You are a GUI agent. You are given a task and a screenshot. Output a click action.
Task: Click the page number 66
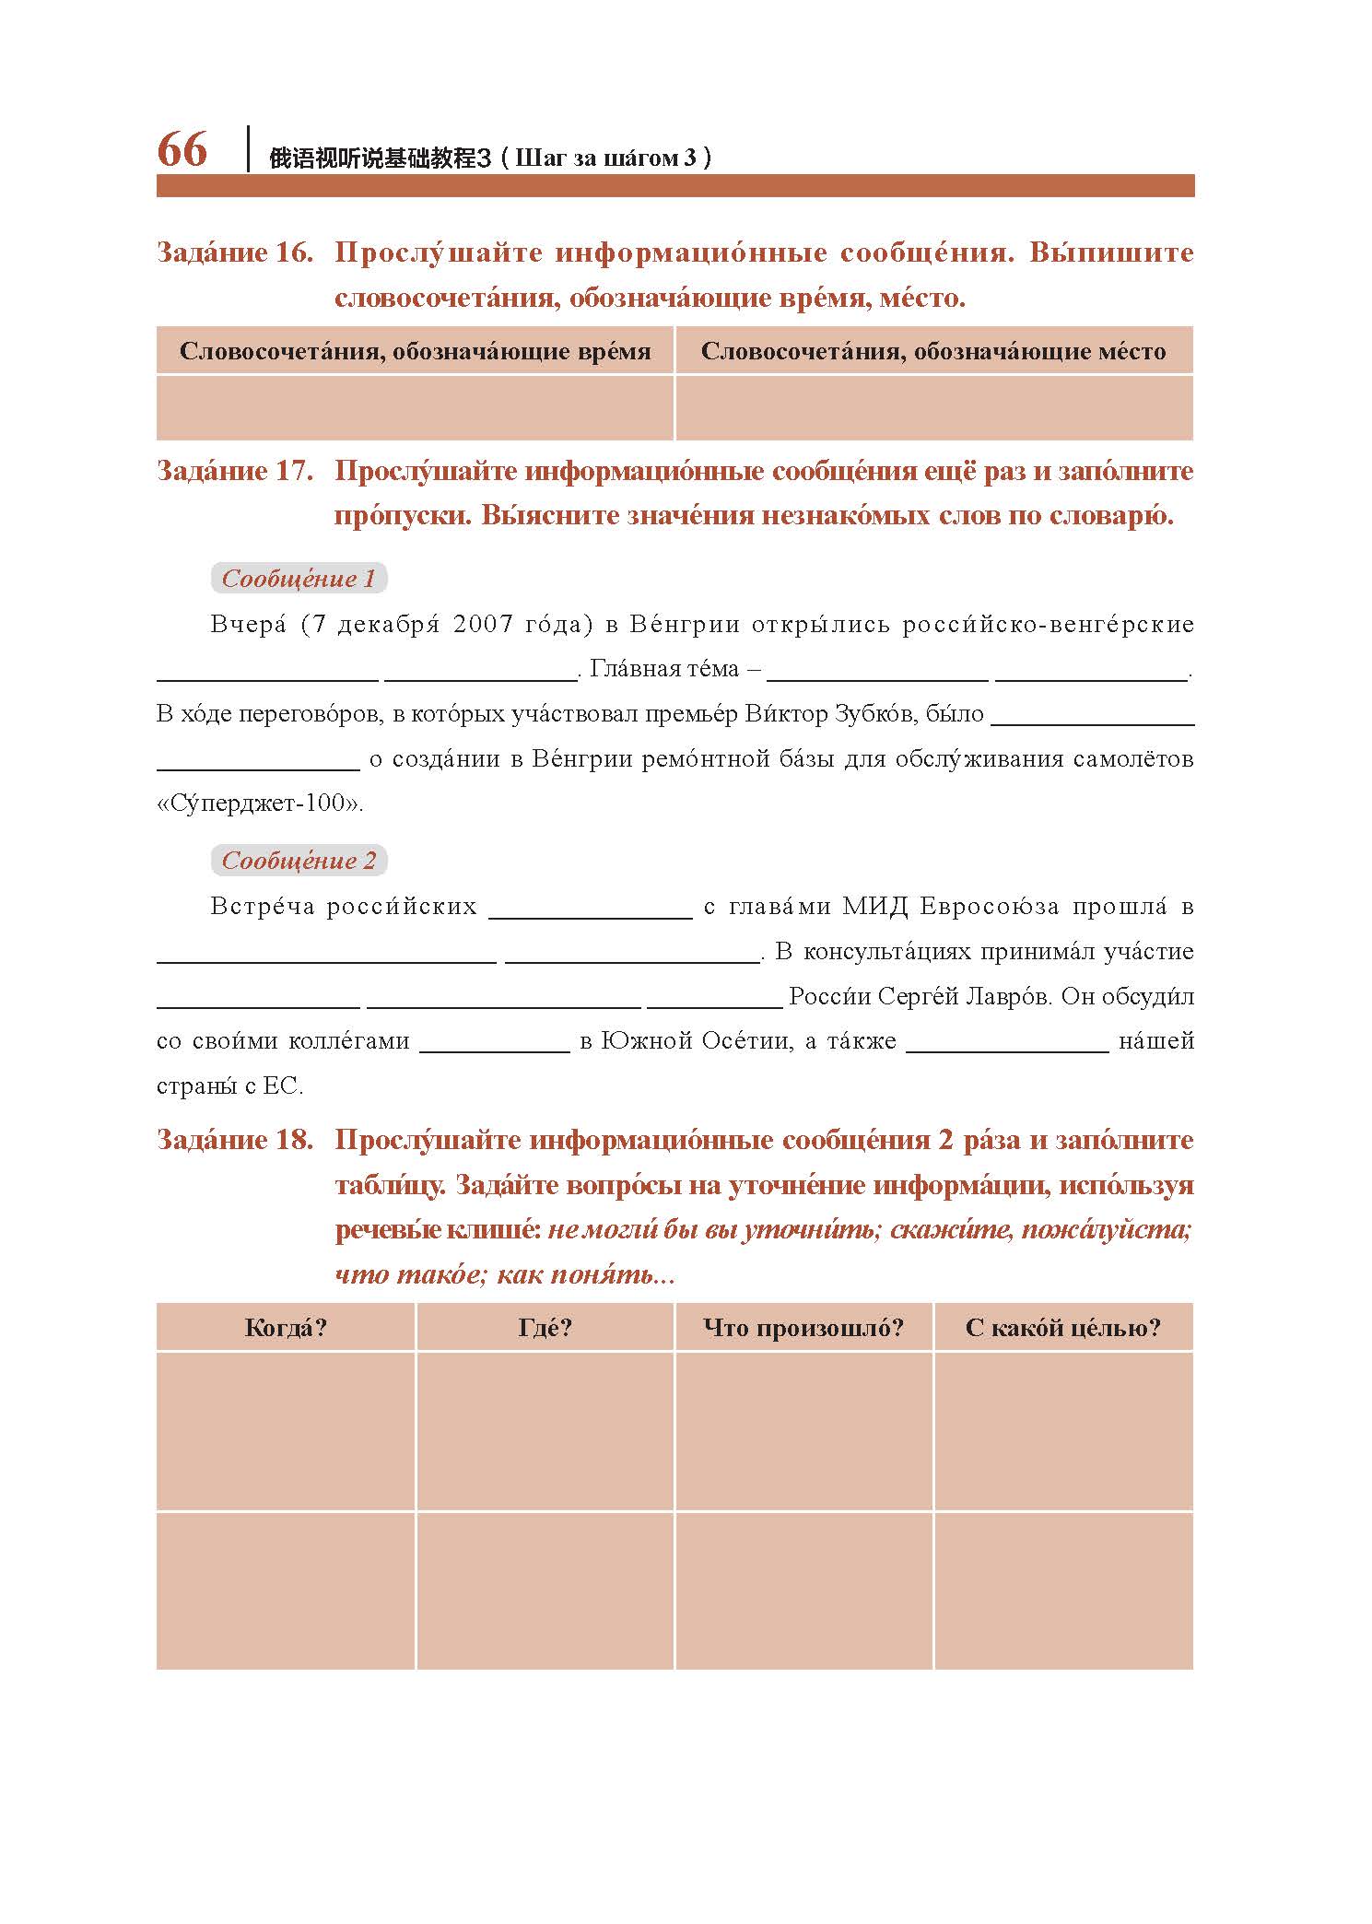182,149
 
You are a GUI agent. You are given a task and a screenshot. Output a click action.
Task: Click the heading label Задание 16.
235,252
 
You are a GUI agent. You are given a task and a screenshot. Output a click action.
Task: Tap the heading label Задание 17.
235,471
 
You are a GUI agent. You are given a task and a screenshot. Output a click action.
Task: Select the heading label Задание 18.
235,1140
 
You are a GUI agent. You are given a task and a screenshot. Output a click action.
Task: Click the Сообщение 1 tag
299,579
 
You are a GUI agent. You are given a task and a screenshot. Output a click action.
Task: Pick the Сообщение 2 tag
299,861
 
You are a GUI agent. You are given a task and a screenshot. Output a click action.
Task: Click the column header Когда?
286,1328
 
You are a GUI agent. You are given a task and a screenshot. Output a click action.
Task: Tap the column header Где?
545,1328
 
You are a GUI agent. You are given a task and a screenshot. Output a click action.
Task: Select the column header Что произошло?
803,1328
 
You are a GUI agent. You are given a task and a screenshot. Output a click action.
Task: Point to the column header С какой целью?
1062,1328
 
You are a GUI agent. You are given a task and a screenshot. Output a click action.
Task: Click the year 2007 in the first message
484,625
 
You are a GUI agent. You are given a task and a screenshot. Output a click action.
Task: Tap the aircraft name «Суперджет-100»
259,804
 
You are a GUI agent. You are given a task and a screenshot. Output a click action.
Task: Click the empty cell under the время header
415,407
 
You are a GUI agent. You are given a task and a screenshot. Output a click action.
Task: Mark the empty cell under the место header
933,407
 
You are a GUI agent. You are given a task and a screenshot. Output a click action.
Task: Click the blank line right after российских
590,912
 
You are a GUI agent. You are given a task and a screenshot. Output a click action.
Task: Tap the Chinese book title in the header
378,158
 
